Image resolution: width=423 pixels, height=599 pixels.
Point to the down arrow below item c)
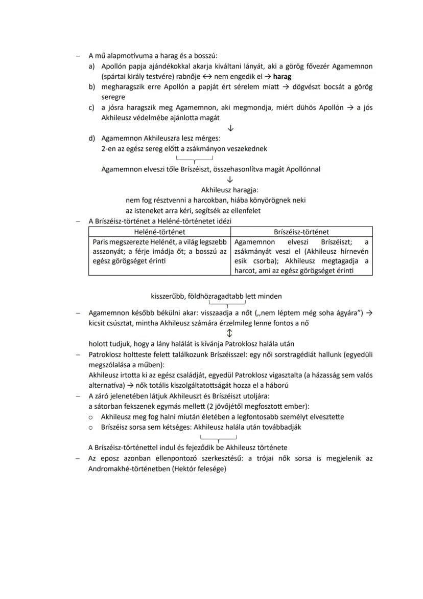point(230,128)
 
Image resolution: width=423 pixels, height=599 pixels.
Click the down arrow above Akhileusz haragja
point(230,180)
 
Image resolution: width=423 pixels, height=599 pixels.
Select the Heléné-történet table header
point(159,232)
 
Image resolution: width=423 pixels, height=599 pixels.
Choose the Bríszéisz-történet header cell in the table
point(301,232)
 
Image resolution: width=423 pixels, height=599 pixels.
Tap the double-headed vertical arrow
point(229,334)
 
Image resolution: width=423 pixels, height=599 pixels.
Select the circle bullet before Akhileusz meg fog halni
point(90,417)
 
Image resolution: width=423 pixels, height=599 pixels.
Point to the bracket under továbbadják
point(219,438)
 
